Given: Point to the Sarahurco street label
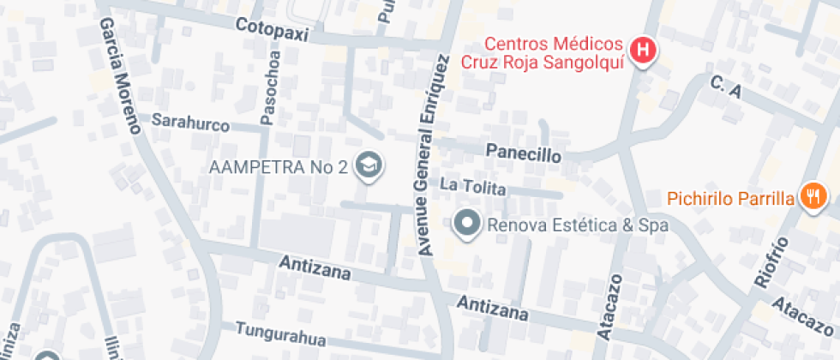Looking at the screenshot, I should (190, 124).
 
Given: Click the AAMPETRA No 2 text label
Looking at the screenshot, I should (278, 165).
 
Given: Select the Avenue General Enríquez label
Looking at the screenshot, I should (433, 156).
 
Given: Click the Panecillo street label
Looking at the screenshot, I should (523, 154).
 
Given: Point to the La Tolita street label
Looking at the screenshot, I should (472, 186).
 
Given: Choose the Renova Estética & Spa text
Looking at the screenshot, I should (578, 225).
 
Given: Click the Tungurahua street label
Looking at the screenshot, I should (280, 334).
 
